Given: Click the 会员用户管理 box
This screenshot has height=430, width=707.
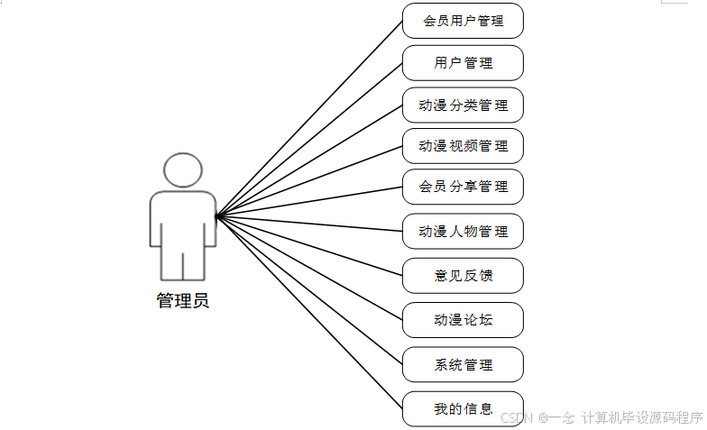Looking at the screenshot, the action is point(463,21).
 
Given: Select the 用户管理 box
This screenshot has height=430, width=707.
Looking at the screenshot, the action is point(463,63).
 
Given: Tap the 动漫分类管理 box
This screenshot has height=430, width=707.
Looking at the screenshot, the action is point(463,105).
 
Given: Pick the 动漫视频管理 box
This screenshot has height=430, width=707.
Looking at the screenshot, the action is point(463,145).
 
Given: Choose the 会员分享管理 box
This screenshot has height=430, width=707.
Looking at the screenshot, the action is point(463,187).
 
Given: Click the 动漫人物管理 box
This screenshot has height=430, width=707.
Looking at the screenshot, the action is point(463,231).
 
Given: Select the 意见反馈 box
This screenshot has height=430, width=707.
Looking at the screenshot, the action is point(463,275).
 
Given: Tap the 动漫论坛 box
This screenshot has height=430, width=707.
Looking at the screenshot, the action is point(463,319).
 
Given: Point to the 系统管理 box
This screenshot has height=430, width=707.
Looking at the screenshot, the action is point(463,364).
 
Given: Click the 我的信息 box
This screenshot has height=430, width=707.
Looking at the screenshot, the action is point(463,409).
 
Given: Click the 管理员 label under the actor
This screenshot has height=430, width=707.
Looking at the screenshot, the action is point(183,301).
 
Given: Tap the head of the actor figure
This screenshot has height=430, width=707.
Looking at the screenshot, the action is point(182,170).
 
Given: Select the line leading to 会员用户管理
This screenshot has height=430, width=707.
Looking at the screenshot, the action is point(309,117).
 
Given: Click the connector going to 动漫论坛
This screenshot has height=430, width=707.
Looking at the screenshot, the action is point(309,268).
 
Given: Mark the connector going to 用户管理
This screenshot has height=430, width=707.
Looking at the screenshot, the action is point(309,140).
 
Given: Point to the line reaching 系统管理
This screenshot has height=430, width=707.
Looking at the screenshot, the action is point(309,290).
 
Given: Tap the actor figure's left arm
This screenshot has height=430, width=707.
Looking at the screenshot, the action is point(154,221).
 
